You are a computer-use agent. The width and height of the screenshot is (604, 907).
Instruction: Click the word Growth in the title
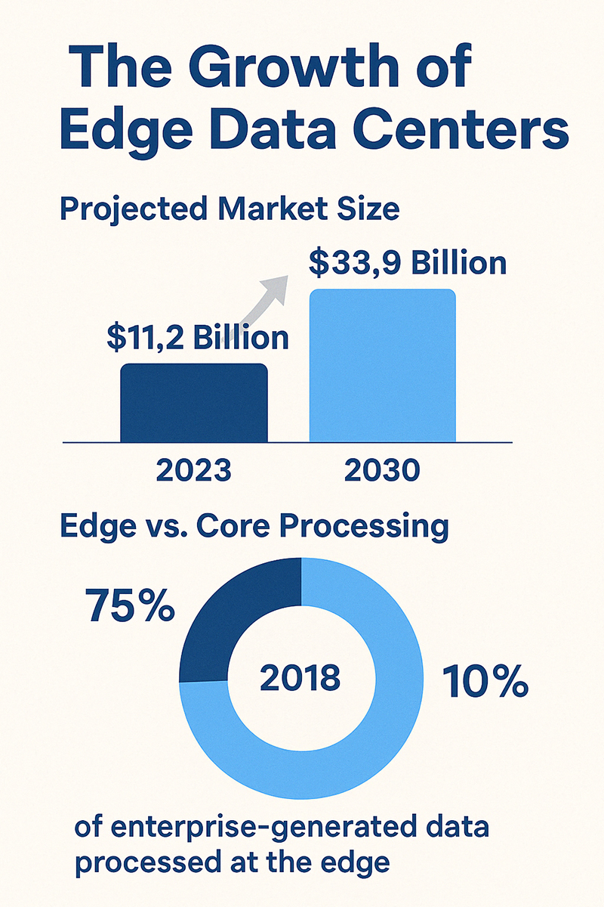(x=294, y=70)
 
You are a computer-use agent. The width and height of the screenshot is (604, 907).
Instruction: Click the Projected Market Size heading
(x=229, y=208)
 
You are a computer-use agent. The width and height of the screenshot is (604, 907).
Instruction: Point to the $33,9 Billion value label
(x=407, y=264)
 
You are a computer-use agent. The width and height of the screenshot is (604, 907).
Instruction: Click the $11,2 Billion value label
(x=197, y=338)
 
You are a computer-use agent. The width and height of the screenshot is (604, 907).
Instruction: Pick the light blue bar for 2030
(x=383, y=366)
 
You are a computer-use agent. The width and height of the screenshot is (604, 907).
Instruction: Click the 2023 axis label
(x=194, y=471)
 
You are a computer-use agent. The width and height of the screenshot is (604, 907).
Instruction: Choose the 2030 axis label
(x=381, y=471)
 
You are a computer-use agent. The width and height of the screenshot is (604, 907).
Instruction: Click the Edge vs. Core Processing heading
(x=254, y=526)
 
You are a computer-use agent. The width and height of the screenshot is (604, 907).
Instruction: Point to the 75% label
(x=131, y=606)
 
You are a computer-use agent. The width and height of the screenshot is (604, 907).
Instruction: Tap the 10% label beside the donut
(x=484, y=683)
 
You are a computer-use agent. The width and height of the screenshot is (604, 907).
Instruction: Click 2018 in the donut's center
(x=300, y=678)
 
